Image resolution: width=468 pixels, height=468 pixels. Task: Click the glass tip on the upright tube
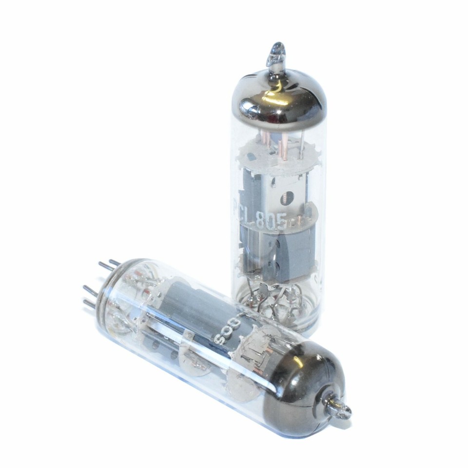(276, 53)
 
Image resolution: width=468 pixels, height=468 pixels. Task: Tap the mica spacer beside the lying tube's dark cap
(261, 349)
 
